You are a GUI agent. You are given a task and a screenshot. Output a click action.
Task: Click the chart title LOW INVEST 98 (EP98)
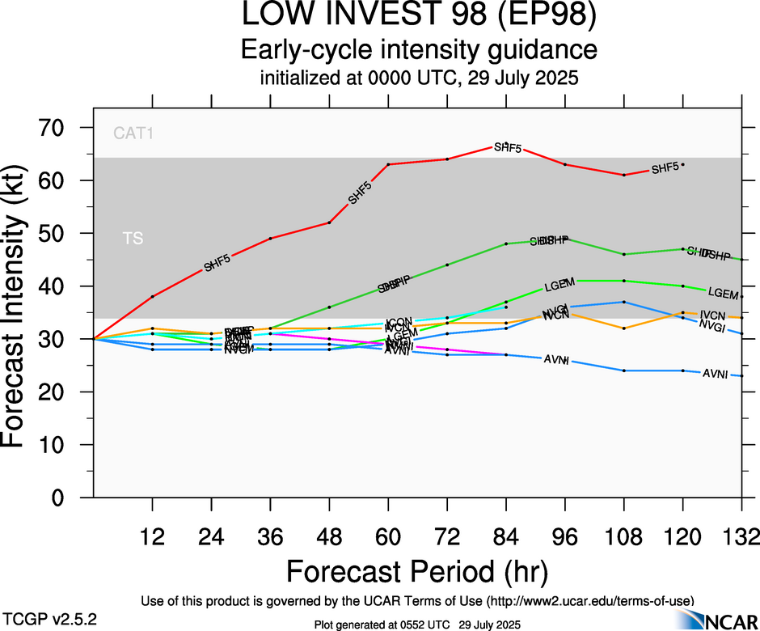pyautogui.click(x=418, y=15)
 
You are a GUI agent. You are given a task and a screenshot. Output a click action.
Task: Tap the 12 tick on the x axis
pyautogui.click(x=152, y=537)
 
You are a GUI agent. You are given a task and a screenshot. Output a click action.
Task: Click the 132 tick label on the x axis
pyautogui.click(x=741, y=537)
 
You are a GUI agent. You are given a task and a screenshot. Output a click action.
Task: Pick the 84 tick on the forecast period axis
pyautogui.click(x=506, y=537)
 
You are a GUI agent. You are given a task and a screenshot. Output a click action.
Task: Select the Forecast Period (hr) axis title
pyautogui.click(x=418, y=571)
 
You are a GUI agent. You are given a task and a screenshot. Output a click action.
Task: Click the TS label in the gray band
pyautogui.click(x=132, y=239)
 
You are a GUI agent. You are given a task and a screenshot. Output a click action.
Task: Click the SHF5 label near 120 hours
pyautogui.click(x=665, y=168)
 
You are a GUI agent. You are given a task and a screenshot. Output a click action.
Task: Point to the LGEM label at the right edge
pyautogui.click(x=724, y=293)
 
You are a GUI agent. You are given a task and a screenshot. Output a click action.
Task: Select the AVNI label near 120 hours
pyautogui.click(x=715, y=374)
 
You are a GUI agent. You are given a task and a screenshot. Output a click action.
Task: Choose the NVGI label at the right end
pyautogui.click(x=711, y=325)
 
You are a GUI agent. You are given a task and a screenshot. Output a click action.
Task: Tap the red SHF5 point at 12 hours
pyautogui.click(x=152, y=296)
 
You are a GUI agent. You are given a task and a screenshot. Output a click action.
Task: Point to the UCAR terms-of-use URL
pyautogui.click(x=589, y=601)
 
